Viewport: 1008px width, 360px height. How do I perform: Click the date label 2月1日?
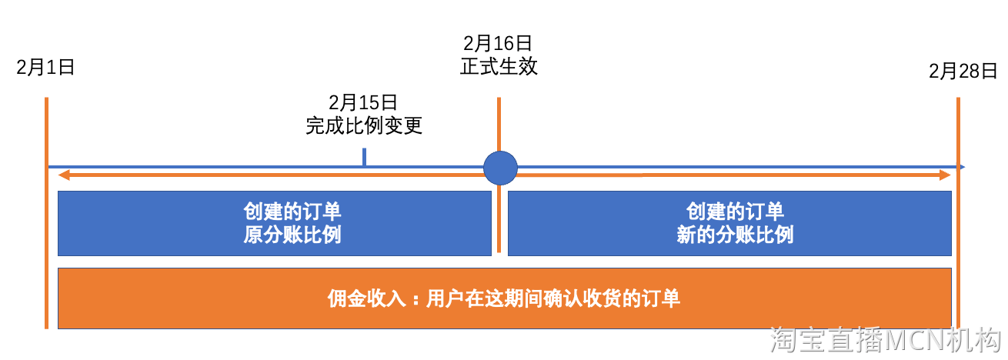pyautogui.click(x=45, y=68)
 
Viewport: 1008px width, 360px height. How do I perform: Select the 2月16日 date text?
pyautogui.click(x=499, y=43)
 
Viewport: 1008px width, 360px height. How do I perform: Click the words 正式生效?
pyautogui.click(x=499, y=67)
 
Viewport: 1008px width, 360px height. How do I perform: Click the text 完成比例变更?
pyautogui.click(x=364, y=125)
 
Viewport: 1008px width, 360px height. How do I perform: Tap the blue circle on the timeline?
pyautogui.click(x=500, y=167)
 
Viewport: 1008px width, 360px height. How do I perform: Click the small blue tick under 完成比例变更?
pyautogui.click(x=364, y=157)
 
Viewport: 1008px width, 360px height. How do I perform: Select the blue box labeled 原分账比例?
pyautogui.click(x=274, y=223)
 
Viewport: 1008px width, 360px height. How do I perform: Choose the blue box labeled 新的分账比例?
pyautogui.click(x=729, y=223)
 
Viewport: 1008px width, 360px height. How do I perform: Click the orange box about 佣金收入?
pyautogui.click(x=505, y=298)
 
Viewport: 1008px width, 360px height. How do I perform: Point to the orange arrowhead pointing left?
pyautogui.click(x=65, y=176)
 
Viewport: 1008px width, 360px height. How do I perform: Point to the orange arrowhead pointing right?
pyautogui.click(x=946, y=176)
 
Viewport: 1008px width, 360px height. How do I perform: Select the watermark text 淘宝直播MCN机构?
pyautogui.click(x=885, y=340)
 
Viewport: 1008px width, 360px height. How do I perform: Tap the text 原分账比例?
pyautogui.click(x=292, y=235)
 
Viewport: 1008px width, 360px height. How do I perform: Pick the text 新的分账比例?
pyautogui.click(x=735, y=235)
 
